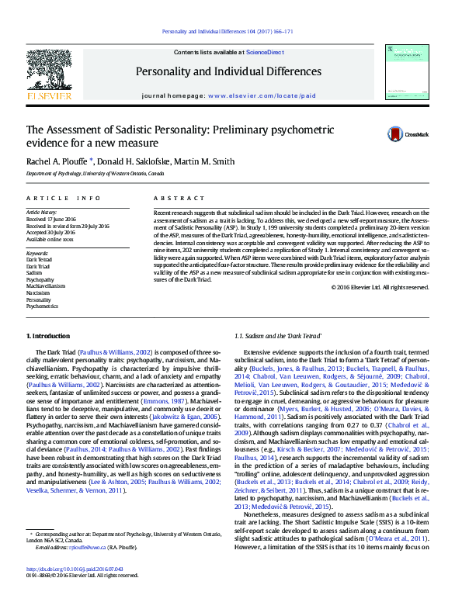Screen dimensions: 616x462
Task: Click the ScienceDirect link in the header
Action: click(x=264, y=52)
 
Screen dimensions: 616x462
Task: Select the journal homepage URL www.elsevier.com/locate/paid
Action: click(x=251, y=95)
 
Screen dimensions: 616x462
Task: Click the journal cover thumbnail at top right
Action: click(x=407, y=73)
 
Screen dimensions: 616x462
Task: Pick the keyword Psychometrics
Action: click(x=43, y=306)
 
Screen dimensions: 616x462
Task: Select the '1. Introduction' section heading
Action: click(x=48, y=335)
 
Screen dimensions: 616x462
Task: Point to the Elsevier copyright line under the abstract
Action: click(x=380, y=287)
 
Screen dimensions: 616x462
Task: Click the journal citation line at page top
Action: click(x=227, y=32)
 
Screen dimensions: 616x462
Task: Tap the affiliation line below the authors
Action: click(x=96, y=175)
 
